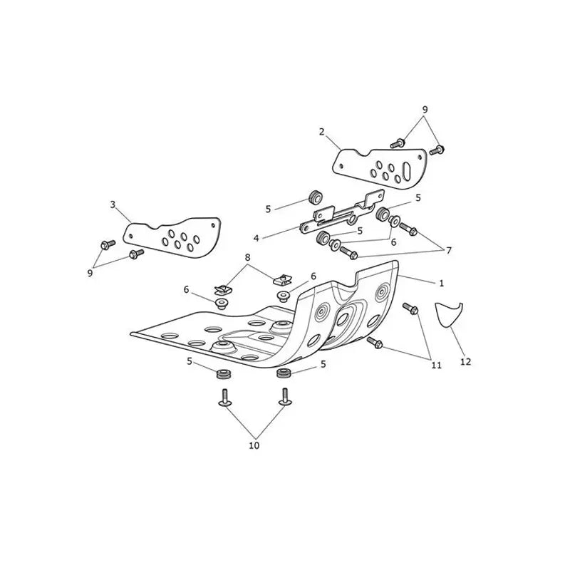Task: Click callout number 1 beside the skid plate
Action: pos(441,283)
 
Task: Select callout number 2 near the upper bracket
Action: pos(321,132)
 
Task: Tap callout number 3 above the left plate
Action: pos(113,204)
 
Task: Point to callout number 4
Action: pos(256,238)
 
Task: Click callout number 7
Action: pos(449,251)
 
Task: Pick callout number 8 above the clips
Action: pos(247,257)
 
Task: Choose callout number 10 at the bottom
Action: pos(254,445)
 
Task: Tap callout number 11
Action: pos(436,365)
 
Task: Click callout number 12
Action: pos(466,362)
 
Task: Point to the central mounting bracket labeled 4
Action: pos(342,214)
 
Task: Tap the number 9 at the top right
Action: pos(425,109)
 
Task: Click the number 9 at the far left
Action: pos(90,273)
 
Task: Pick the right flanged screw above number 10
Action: pos(284,397)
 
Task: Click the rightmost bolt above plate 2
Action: pos(437,150)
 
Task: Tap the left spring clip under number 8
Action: pos(222,290)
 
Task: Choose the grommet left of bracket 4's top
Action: pos(315,197)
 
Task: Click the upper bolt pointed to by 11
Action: pos(410,309)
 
